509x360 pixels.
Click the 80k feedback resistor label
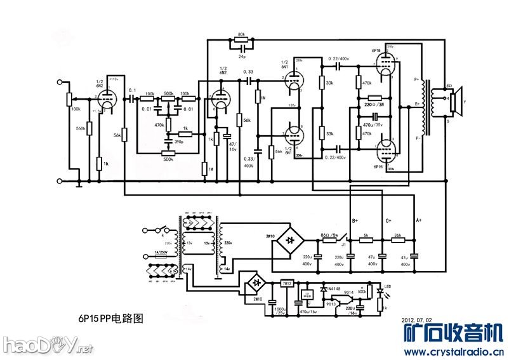[x=241, y=34]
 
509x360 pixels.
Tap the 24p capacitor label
[x=242, y=57]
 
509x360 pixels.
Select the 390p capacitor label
[x=179, y=141]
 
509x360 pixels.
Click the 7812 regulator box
[x=287, y=283]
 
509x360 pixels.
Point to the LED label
[x=388, y=286]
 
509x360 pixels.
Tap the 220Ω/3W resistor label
[x=374, y=103]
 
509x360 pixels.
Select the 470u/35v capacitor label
[x=372, y=126]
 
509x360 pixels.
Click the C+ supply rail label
[x=388, y=220]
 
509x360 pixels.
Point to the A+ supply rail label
[x=418, y=220]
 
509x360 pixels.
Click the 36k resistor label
[x=397, y=235]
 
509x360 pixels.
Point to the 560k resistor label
[x=80, y=129]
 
